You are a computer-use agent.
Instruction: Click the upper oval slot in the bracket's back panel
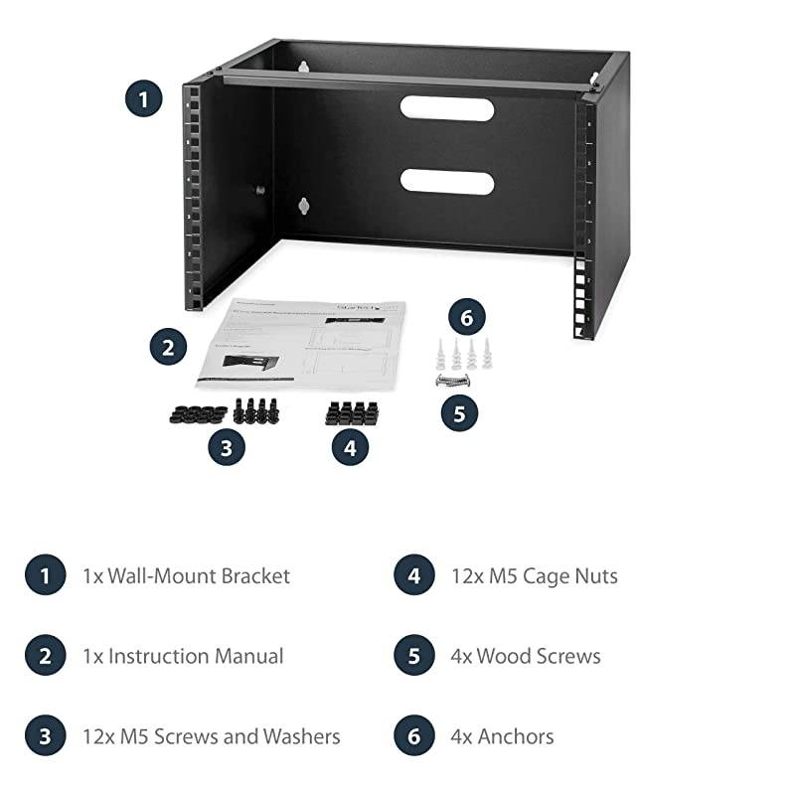pyautogui.click(x=446, y=107)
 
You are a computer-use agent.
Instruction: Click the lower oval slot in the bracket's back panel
pyautogui.click(x=446, y=180)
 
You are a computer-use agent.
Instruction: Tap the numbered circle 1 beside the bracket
pyautogui.click(x=144, y=99)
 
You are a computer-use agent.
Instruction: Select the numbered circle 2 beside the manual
pyautogui.click(x=169, y=348)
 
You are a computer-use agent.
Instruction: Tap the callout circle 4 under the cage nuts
pyautogui.click(x=349, y=447)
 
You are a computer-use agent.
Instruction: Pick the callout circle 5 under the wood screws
pyautogui.click(x=458, y=412)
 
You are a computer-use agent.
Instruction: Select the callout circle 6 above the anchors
pyautogui.click(x=466, y=319)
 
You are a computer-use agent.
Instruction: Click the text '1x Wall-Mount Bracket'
pyautogui.click(x=187, y=575)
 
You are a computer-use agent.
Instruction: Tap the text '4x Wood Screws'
pyautogui.click(x=538, y=656)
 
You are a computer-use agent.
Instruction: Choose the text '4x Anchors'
pyautogui.click(x=515, y=736)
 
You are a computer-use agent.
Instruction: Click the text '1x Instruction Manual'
pyautogui.click(x=184, y=656)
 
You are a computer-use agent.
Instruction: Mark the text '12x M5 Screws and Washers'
pyautogui.click(x=212, y=736)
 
